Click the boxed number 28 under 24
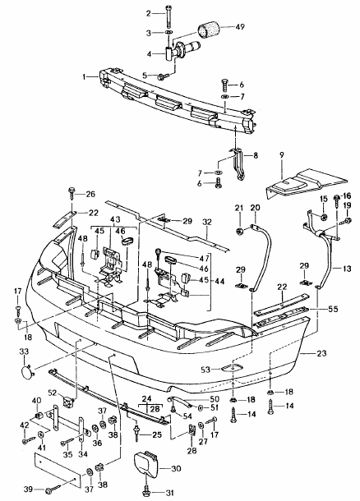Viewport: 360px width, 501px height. (x=154, y=408)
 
